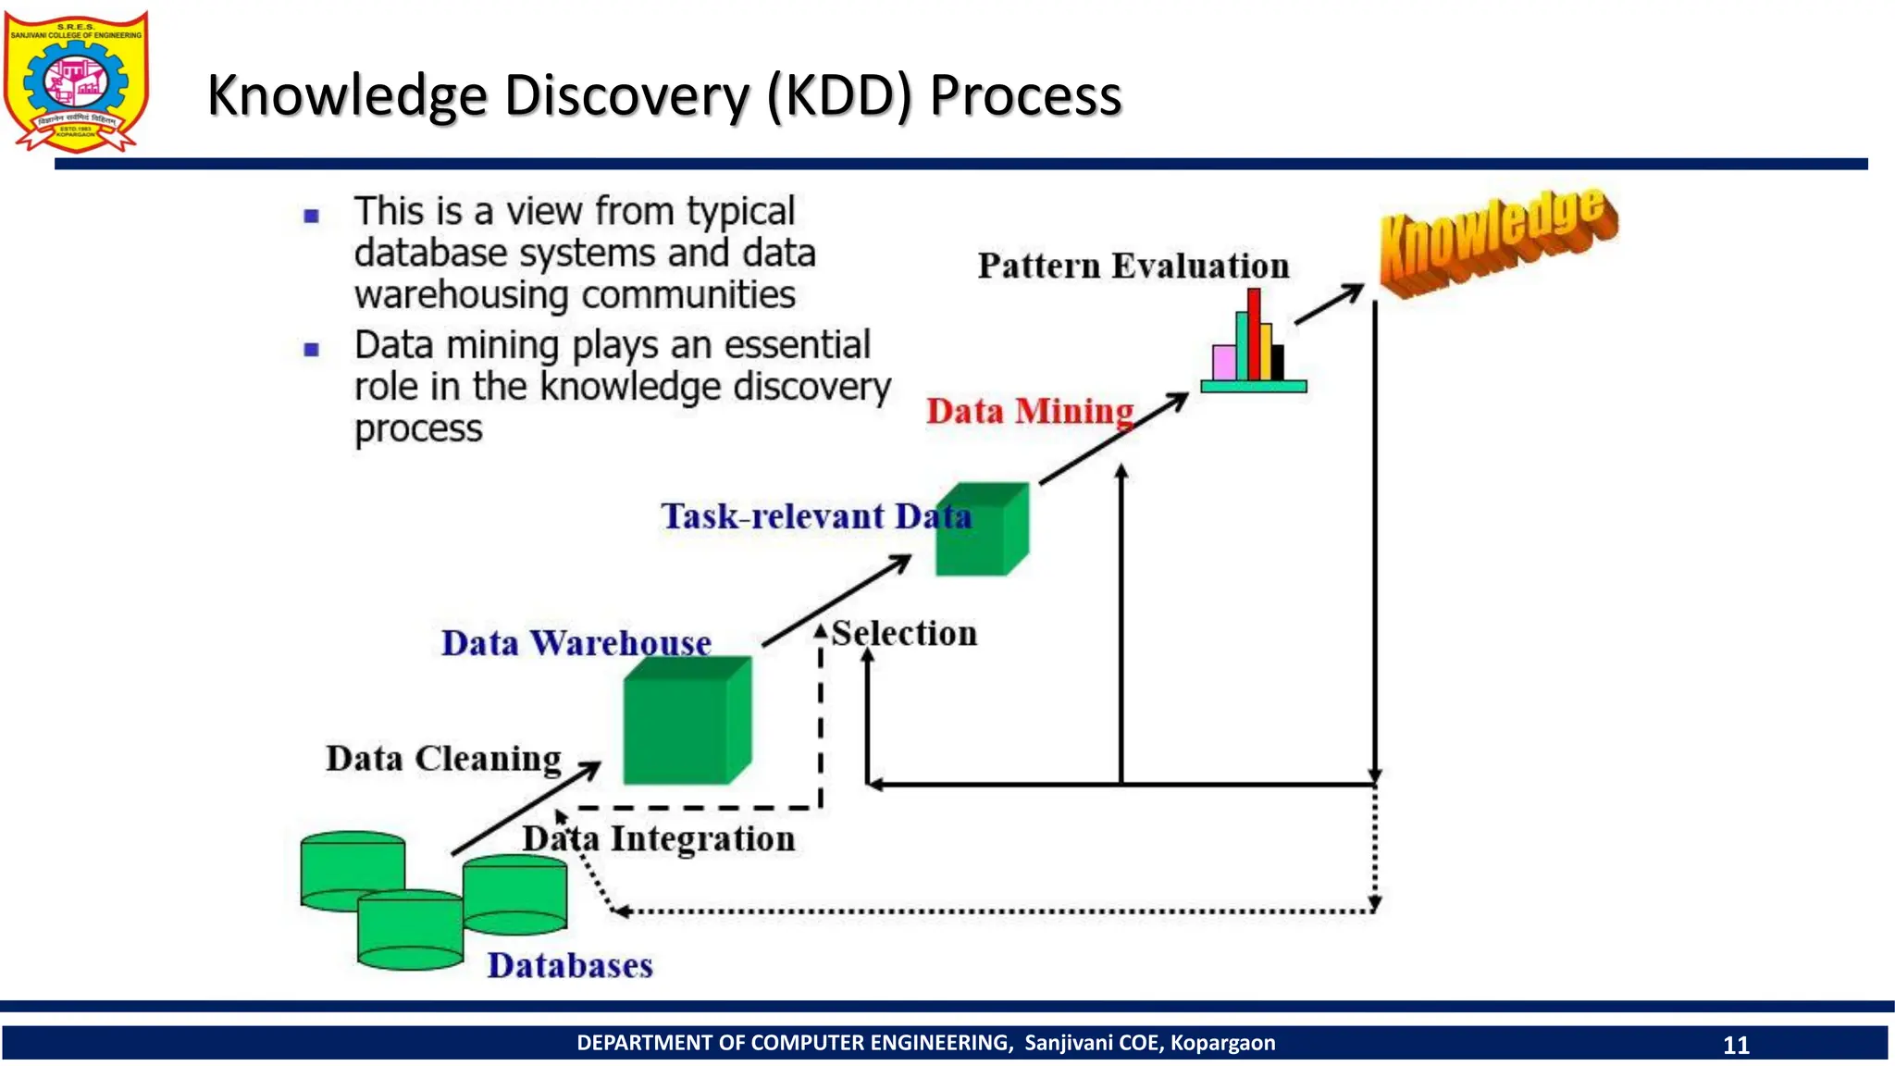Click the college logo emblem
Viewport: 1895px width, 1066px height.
(x=76, y=81)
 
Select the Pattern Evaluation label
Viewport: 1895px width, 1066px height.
(x=1133, y=266)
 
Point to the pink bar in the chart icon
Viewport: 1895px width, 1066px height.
(x=1223, y=362)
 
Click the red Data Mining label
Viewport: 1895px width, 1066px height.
(x=1030, y=411)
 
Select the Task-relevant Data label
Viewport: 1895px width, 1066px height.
(x=815, y=516)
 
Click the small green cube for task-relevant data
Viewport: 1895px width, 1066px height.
(x=979, y=531)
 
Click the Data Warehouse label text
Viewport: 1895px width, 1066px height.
(x=576, y=643)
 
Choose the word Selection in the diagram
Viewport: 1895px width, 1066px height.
(x=904, y=634)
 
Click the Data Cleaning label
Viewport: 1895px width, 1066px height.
(x=443, y=759)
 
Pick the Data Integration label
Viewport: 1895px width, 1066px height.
(x=659, y=839)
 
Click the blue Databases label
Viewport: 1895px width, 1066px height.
(x=570, y=966)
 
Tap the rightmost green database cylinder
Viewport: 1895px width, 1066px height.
(x=514, y=895)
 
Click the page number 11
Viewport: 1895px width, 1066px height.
(x=1736, y=1045)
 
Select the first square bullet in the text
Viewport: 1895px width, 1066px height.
(x=312, y=217)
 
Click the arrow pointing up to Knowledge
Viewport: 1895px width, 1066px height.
(x=1329, y=304)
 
